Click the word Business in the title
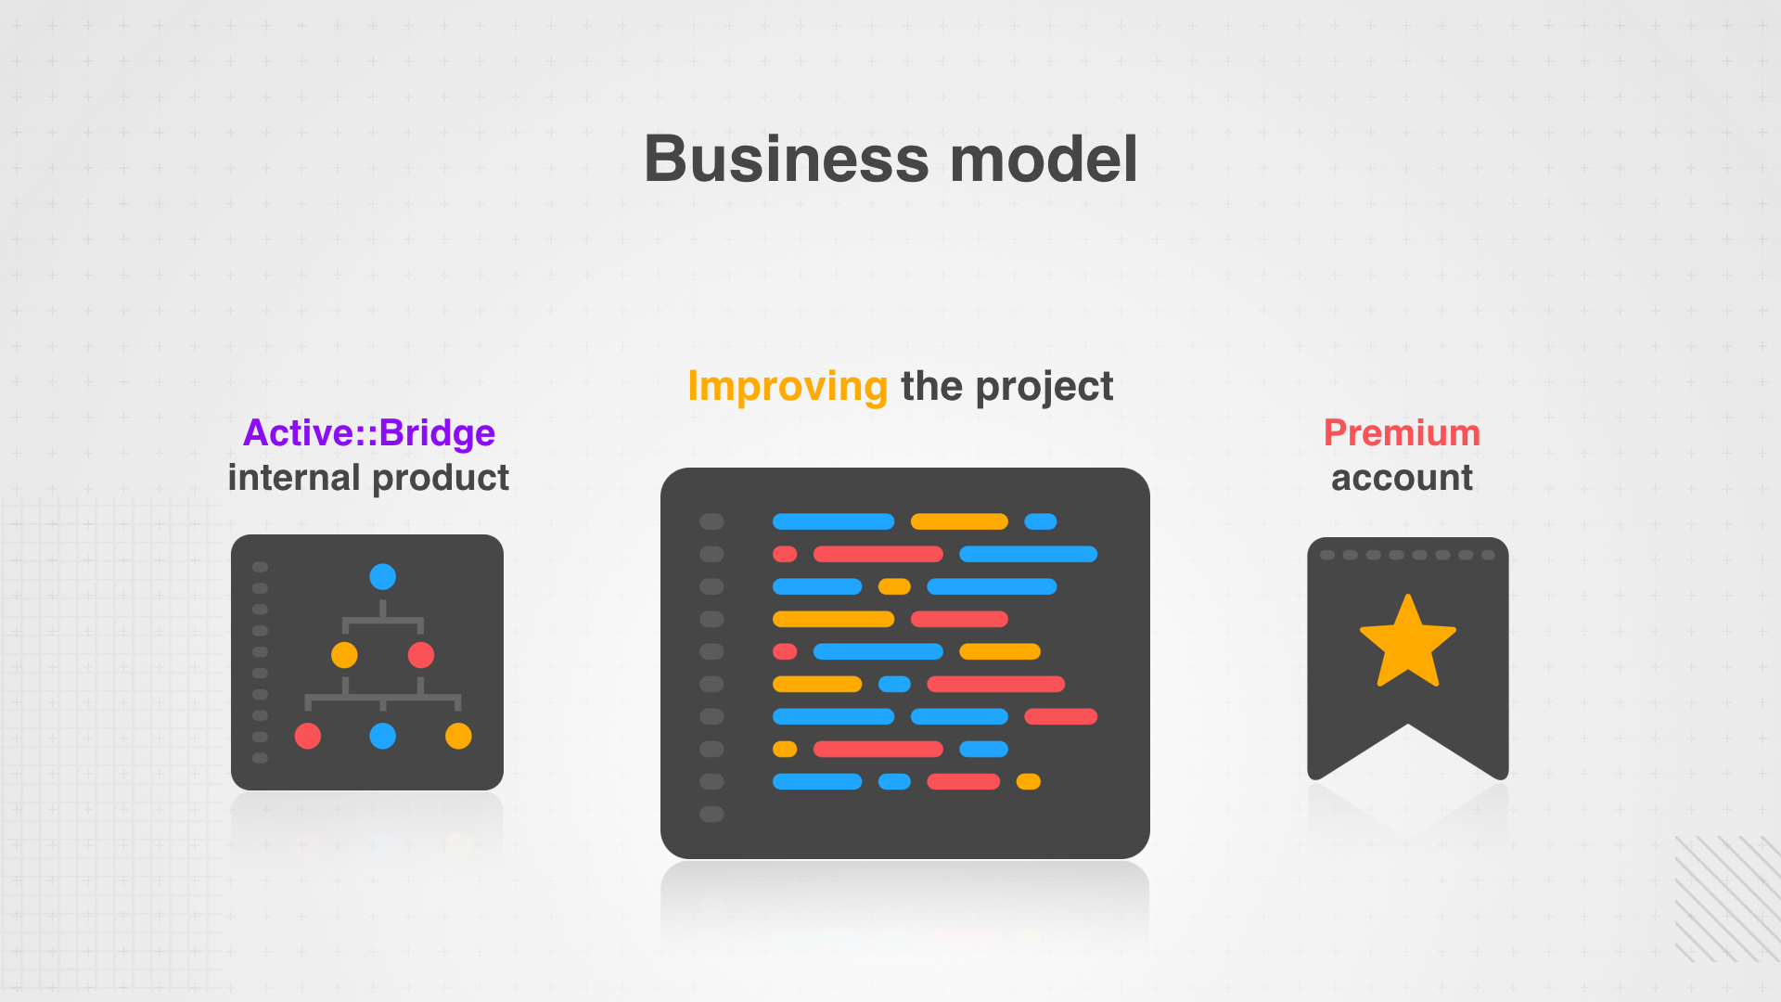click(x=786, y=159)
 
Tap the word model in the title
click(x=1044, y=159)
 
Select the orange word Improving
click(x=788, y=387)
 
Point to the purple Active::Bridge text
click(x=369, y=433)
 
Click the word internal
click(x=293, y=478)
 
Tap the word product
click(x=441, y=479)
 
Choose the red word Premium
click(x=1402, y=432)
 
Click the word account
click(x=1402, y=479)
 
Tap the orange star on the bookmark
click(x=1408, y=643)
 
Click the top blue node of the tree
click(x=382, y=577)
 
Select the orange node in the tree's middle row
click(x=344, y=655)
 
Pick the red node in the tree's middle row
click(x=421, y=655)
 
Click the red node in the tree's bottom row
click(x=308, y=736)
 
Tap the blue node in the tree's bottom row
click(x=383, y=736)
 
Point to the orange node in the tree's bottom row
click(x=458, y=736)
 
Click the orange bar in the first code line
click(x=959, y=521)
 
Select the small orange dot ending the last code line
click(x=1028, y=781)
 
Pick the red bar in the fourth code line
click(x=959, y=619)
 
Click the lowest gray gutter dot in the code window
click(x=711, y=814)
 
